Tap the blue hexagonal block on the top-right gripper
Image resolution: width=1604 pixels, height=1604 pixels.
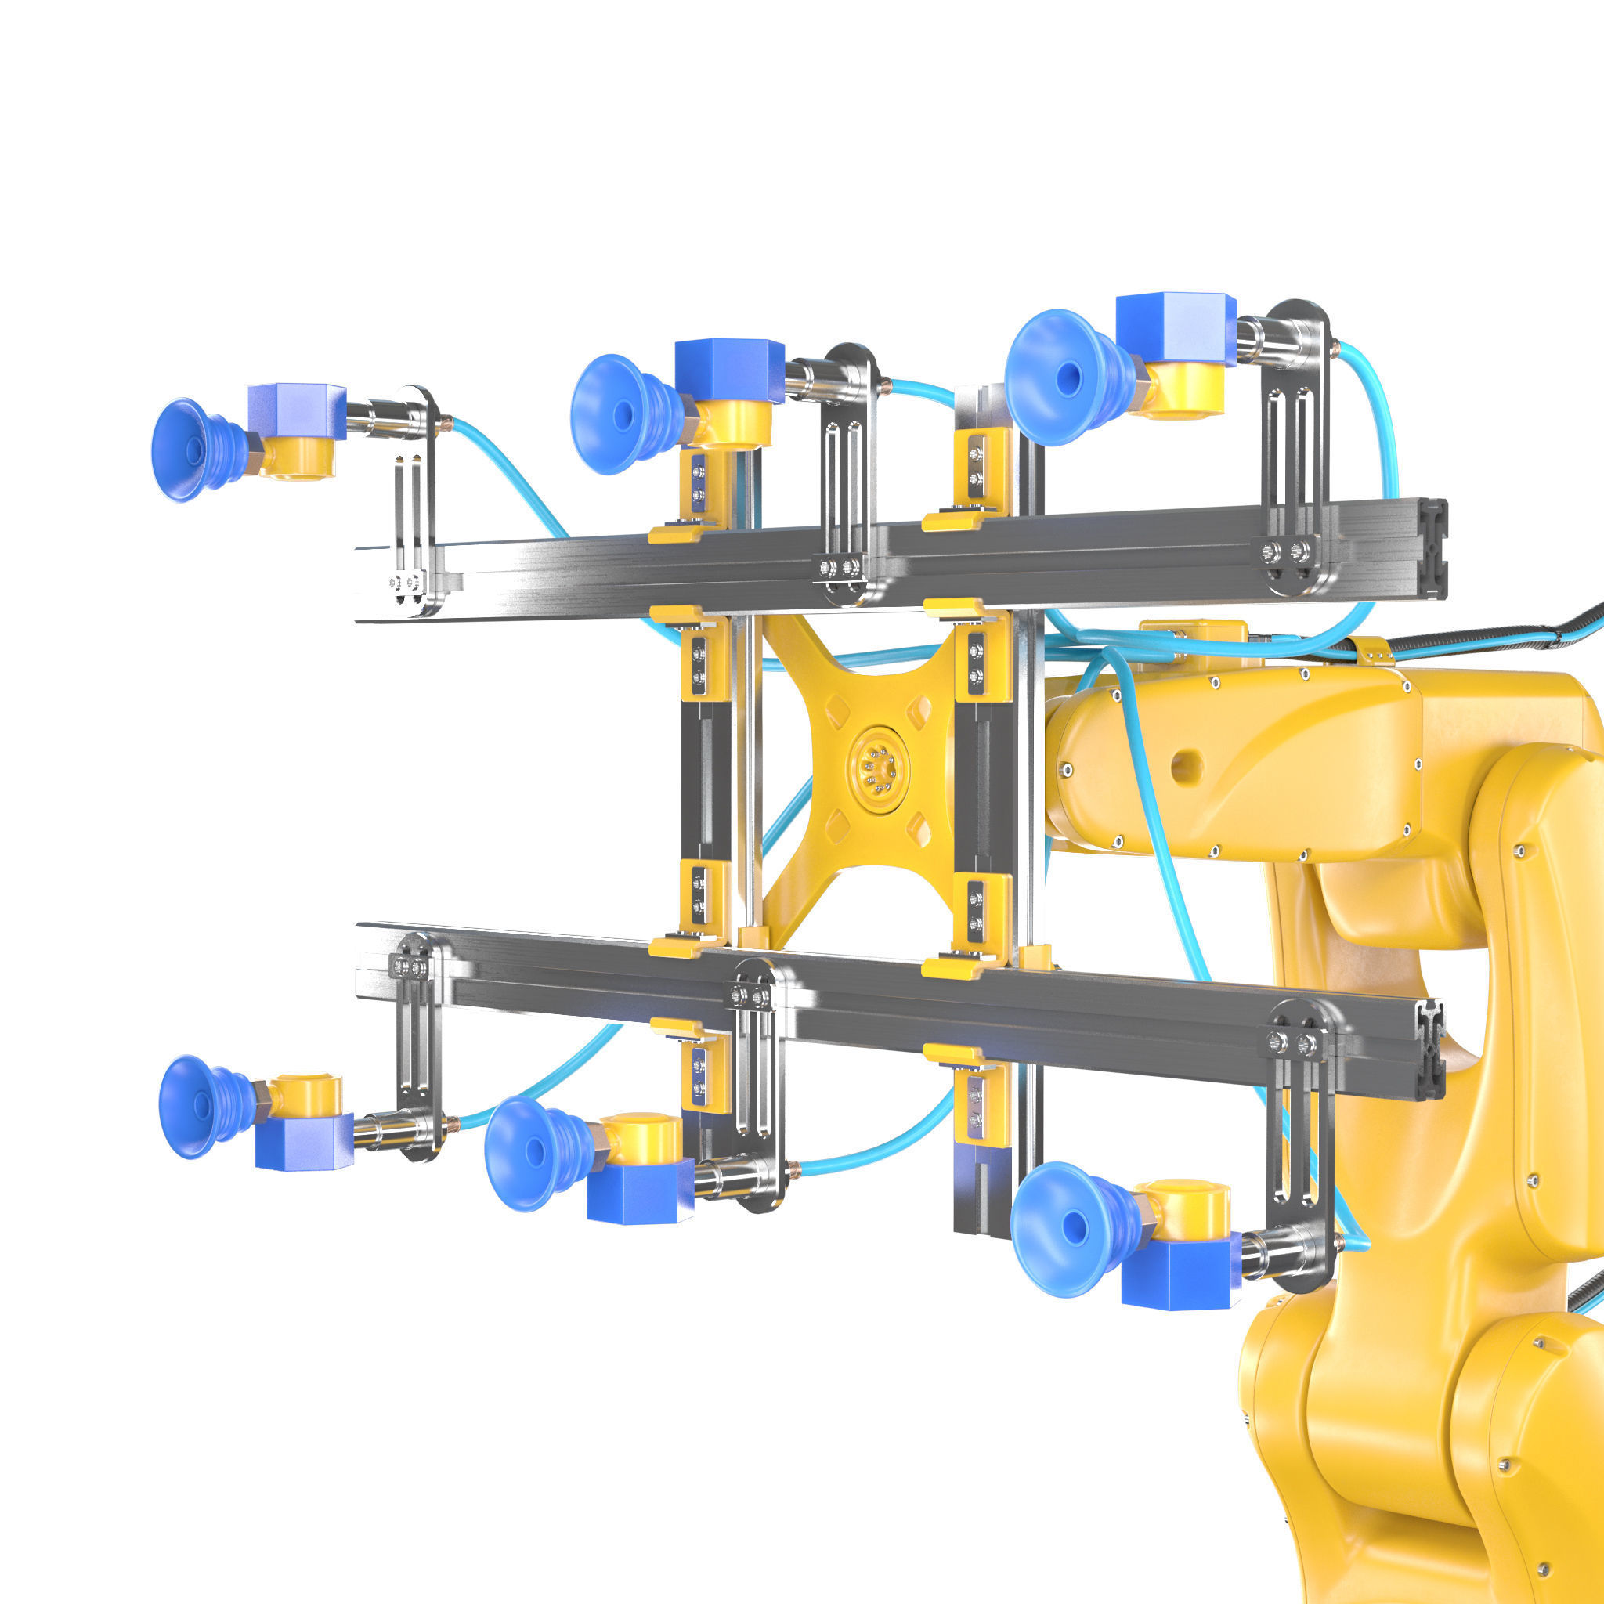coord(1174,328)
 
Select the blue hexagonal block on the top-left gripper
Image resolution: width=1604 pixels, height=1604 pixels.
coord(296,412)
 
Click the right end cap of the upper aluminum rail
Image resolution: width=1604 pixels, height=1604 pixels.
coord(1434,547)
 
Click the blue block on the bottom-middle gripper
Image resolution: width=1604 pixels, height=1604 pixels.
coord(639,1192)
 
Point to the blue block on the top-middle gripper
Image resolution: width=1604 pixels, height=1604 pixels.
coord(728,370)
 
